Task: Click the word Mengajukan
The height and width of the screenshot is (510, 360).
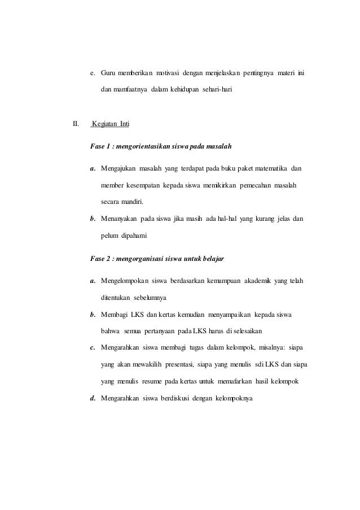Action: coord(118,168)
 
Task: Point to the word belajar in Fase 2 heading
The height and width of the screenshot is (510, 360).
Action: coord(212,258)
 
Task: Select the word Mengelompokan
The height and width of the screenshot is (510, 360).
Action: coord(124,278)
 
